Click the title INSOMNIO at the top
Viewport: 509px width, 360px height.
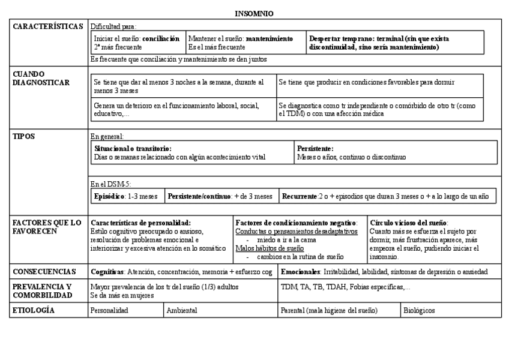[254, 13]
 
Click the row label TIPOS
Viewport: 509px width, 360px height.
[24, 136]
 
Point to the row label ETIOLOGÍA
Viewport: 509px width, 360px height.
[34, 310]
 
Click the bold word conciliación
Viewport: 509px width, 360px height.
[160, 38]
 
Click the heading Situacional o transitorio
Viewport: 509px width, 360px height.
[133, 148]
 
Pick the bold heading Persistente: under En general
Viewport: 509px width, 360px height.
[315, 148]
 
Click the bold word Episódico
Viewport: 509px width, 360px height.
[108, 196]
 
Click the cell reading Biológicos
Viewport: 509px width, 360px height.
[420, 311]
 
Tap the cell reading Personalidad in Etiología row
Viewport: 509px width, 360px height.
[109, 311]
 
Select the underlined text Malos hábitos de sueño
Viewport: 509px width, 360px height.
[270, 248]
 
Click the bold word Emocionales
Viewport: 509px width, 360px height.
[301, 272]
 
